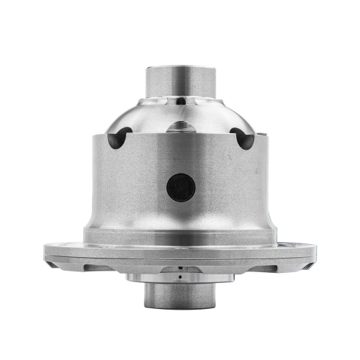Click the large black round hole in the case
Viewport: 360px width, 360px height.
[x=181, y=189]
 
